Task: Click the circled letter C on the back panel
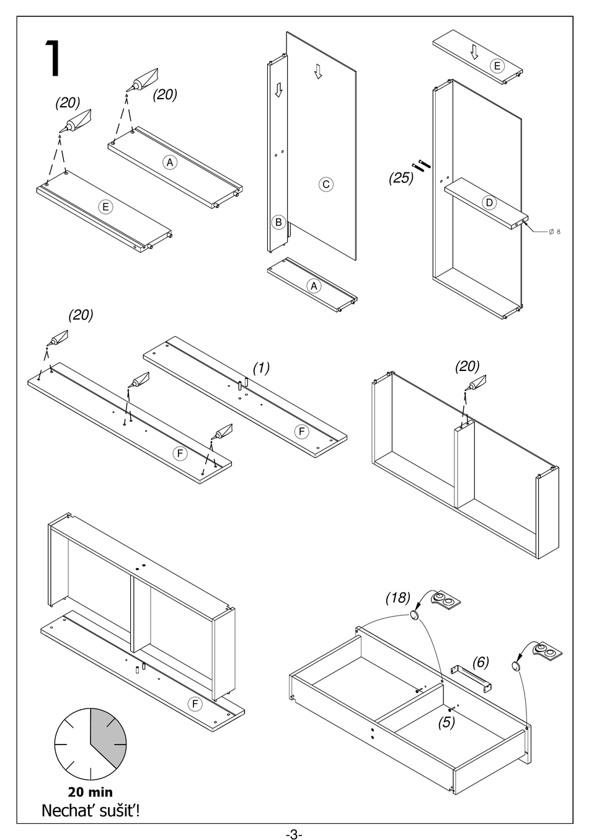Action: coord(325,184)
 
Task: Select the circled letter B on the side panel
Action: coord(278,221)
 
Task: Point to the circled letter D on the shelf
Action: coord(489,202)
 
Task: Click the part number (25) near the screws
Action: coord(401,178)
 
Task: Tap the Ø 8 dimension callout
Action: coord(554,232)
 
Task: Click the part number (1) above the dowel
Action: coord(261,367)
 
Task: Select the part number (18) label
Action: coord(397,597)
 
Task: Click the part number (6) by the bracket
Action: coord(480,663)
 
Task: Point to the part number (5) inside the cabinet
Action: coord(447,722)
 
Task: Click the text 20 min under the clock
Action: coord(91,792)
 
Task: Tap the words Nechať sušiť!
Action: coord(91,810)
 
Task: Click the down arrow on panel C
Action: coord(318,72)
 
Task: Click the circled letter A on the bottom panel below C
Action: coord(314,286)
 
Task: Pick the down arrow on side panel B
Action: coord(278,91)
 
